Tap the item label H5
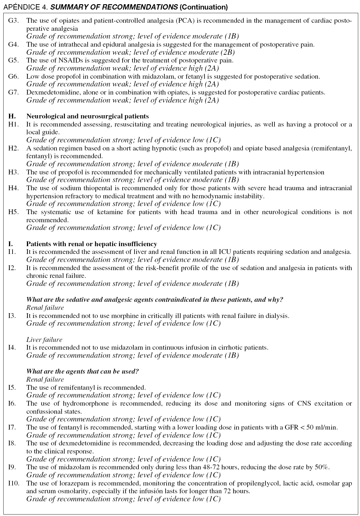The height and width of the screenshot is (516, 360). click(x=13, y=212)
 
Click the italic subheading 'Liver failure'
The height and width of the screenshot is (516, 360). click(x=44, y=340)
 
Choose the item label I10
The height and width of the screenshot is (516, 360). click(x=14, y=483)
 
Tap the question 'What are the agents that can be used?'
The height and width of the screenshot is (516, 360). click(x=83, y=372)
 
